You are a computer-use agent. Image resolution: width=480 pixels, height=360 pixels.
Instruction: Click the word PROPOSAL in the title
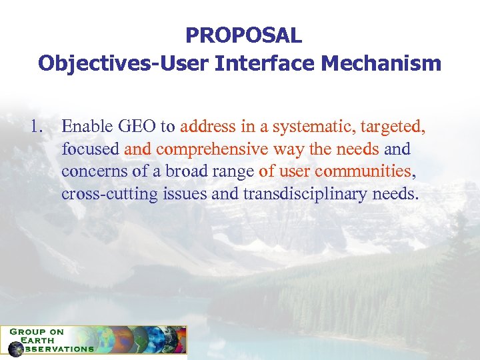point(243,35)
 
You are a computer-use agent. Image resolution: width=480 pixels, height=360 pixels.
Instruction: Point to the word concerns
point(94,171)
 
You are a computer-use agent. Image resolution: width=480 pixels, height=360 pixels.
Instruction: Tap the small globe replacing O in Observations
point(15,349)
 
